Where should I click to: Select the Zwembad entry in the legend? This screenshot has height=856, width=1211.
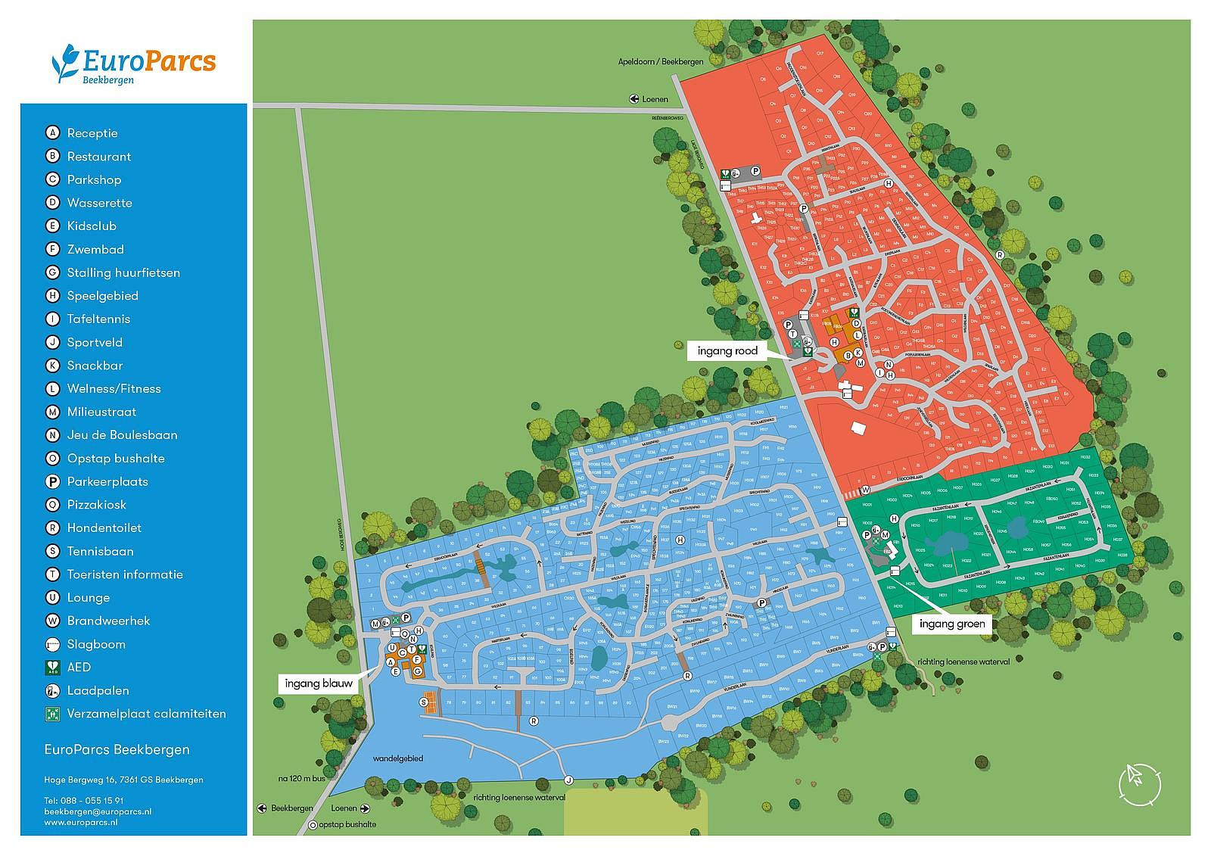[95, 249]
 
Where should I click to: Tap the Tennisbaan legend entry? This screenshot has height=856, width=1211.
[100, 551]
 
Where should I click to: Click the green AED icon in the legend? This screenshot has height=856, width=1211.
[52, 668]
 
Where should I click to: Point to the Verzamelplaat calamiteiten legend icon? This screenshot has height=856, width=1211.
[52, 714]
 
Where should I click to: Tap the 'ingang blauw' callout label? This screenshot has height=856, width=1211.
[319, 683]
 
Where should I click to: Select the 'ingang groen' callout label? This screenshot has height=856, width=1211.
[952, 624]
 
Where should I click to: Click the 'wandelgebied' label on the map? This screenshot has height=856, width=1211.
[397, 758]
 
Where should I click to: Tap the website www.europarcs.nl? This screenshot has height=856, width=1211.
[80, 821]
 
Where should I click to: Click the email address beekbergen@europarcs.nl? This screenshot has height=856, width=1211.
[98, 811]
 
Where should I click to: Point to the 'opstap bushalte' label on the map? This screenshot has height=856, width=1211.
[347, 824]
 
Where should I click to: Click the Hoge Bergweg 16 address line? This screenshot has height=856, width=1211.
[123, 780]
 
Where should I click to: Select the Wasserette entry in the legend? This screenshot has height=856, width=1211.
[99, 203]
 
